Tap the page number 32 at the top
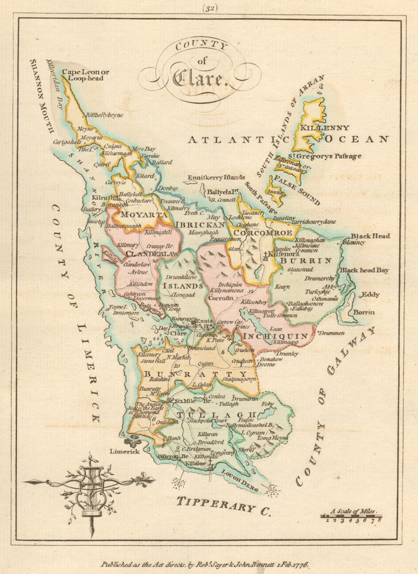click(209, 8)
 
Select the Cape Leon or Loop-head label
click(85, 75)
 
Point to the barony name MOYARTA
click(144, 215)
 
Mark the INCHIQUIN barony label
click(275, 337)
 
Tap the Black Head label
click(370, 236)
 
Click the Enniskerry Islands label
click(216, 177)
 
